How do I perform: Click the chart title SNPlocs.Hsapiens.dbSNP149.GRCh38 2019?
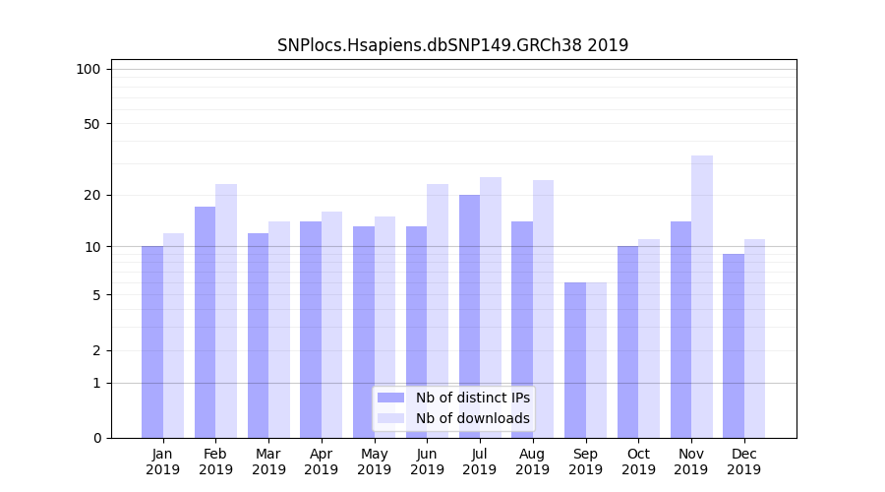coord(452,45)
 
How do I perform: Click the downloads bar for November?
coord(702,296)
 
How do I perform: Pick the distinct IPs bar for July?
coord(469,316)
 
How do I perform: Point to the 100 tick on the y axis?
coord(88,69)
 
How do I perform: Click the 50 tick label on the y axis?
coord(91,124)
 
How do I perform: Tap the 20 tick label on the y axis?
coord(91,195)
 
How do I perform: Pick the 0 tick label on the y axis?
coord(96,438)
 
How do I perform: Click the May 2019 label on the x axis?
coord(375,461)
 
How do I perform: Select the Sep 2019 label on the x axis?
coord(585,461)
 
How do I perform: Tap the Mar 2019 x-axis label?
coord(268,461)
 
